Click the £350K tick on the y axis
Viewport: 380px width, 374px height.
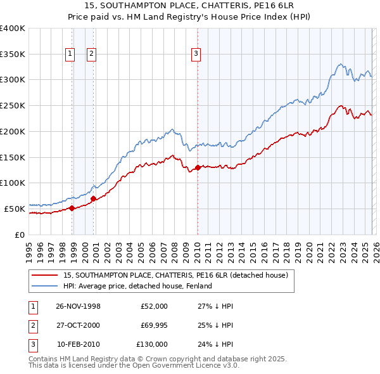tap(13, 54)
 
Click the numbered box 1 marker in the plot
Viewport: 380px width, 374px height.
tap(70, 54)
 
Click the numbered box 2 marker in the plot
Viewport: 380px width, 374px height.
tap(91, 54)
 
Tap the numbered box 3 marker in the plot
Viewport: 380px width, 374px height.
tap(196, 54)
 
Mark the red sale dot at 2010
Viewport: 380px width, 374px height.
tap(198, 167)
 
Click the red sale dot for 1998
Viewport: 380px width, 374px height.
tap(72, 207)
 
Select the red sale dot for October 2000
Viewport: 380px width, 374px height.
tap(94, 198)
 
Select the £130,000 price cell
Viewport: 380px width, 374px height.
tap(152, 344)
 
